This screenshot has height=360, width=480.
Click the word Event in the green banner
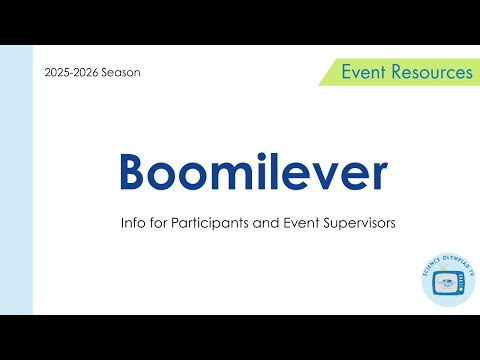(x=364, y=72)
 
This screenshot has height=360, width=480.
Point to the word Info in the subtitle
(x=132, y=224)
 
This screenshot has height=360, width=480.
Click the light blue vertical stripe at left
(x=16, y=180)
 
